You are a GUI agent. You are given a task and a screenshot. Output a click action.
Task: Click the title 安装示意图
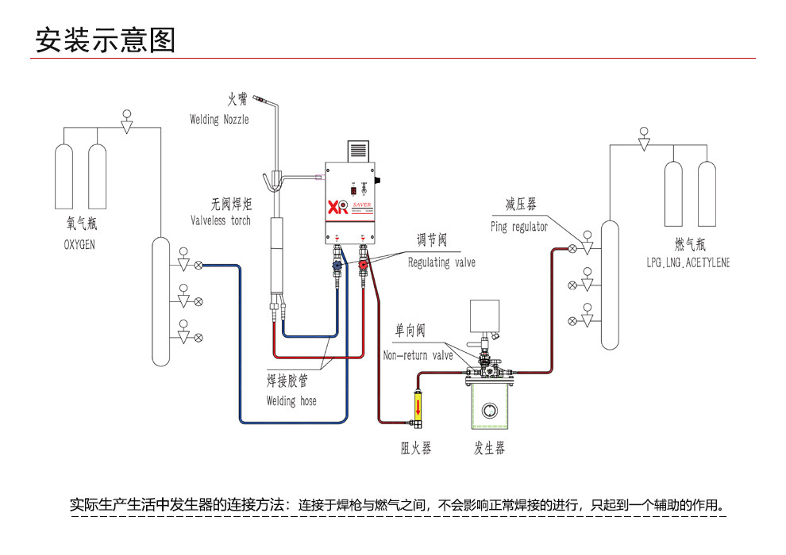105,40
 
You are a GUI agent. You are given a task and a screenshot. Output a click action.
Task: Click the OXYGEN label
79,245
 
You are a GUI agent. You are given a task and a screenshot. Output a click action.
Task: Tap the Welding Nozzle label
219,120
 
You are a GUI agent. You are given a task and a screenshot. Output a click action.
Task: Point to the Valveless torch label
221,220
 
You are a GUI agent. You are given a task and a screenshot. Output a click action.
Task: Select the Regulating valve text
441,262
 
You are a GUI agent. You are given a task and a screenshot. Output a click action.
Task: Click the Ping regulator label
519,227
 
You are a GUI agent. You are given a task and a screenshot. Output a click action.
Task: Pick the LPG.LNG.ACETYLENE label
688,262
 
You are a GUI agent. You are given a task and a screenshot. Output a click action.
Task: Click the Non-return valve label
418,355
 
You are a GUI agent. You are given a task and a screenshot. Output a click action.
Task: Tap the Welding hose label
291,401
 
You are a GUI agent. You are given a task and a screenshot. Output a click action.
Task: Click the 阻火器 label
416,449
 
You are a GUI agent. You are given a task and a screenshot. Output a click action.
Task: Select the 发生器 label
489,449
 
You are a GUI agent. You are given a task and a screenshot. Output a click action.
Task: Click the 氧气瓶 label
82,225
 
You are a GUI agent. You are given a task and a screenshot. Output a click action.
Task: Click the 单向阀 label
410,331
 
